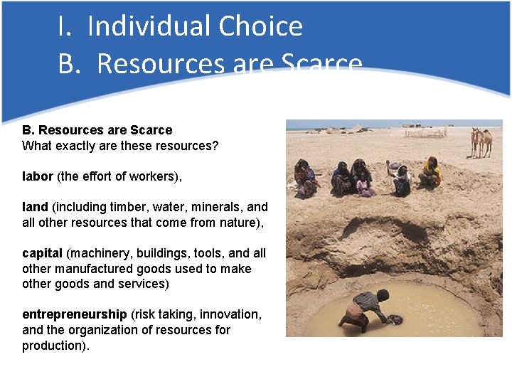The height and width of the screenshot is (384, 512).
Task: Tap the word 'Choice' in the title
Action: [260, 26]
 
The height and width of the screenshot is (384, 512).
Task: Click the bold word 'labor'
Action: [38, 176]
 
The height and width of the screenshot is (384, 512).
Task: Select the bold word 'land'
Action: [35, 207]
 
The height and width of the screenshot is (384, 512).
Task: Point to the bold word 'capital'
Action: [42, 253]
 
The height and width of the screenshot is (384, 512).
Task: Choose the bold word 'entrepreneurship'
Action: [75, 314]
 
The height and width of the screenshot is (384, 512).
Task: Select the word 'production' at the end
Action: [54, 346]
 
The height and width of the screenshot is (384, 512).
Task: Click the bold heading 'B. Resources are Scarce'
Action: [97, 130]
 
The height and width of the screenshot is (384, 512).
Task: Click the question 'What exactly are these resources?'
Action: [120, 146]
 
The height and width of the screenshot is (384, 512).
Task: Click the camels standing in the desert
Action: [481, 142]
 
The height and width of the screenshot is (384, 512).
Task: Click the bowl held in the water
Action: [395, 320]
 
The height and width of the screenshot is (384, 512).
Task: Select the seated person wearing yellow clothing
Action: [430, 173]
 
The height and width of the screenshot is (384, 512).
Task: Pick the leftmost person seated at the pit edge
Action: [306, 178]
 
